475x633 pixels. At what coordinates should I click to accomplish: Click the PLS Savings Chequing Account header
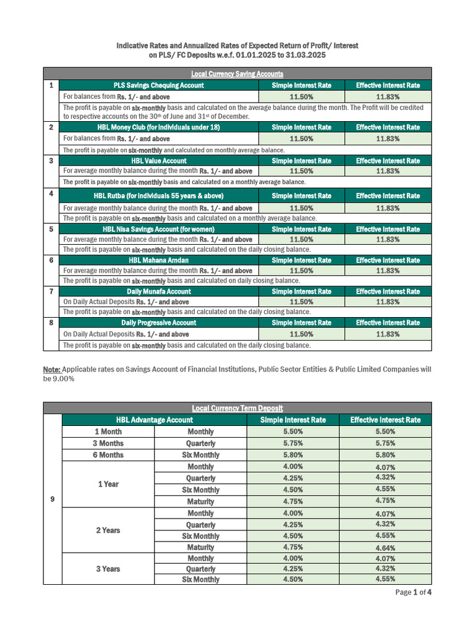point(158,85)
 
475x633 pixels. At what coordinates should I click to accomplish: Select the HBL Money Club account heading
point(158,127)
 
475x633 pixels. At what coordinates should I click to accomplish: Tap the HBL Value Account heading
point(158,161)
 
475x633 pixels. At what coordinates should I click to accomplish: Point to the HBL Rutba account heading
point(158,196)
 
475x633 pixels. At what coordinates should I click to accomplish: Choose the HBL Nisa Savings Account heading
point(158,229)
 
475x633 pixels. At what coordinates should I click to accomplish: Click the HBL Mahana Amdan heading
point(158,260)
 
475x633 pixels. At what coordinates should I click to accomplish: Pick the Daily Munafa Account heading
point(158,292)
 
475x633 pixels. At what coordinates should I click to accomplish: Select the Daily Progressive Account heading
point(158,323)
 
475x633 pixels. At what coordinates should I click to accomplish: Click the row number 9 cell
point(52,501)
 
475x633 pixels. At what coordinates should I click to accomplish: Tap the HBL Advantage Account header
point(154,420)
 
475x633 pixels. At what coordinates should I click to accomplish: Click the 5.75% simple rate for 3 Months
point(293,443)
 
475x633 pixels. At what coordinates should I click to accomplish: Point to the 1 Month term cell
point(108,431)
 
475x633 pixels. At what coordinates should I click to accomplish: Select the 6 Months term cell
point(108,455)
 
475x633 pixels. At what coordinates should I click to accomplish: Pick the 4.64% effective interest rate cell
point(385,548)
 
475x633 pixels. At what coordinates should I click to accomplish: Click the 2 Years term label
point(108,530)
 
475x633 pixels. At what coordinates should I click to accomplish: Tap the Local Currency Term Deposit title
point(237,408)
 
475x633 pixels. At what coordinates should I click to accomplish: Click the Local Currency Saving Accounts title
point(237,74)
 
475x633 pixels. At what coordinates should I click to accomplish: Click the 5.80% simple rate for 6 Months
point(293,455)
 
